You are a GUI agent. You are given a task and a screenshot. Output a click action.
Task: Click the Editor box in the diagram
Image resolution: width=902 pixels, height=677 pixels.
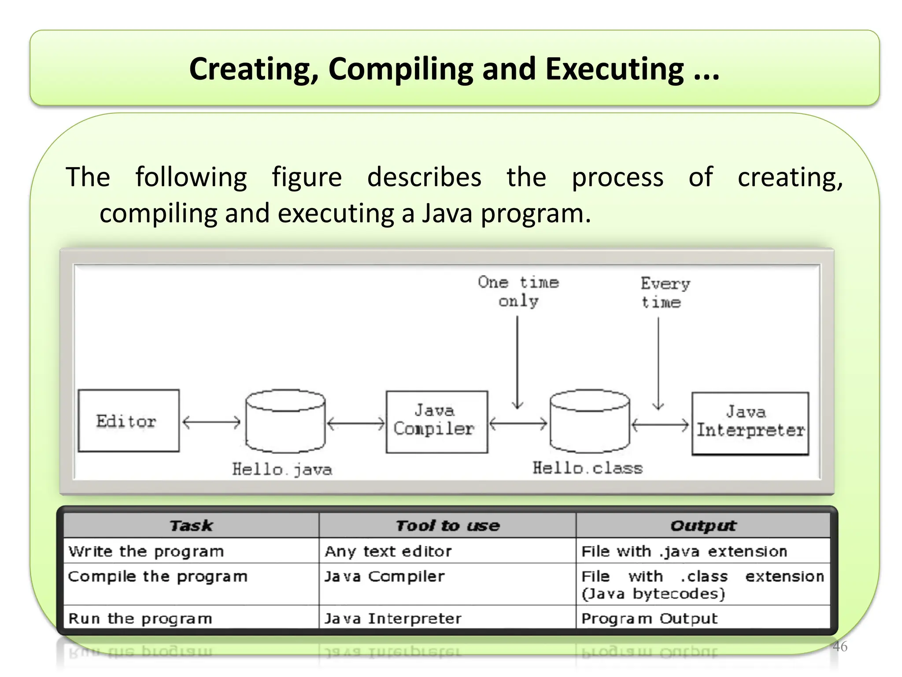click(x=129, y=420)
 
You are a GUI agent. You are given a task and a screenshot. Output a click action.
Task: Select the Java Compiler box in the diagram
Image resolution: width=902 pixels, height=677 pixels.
click(x=436, y=421)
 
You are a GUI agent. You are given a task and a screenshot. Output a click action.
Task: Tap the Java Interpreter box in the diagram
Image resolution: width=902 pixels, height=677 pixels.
click(x=750, y=423)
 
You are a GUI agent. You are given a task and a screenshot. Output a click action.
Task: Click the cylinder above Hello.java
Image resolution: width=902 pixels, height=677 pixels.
click(x=285, y=421)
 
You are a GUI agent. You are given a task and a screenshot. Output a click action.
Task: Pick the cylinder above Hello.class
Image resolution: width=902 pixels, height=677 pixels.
click(x=590, y=421)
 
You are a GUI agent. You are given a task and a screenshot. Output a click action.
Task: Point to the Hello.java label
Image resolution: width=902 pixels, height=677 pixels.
click(x=282, y=469)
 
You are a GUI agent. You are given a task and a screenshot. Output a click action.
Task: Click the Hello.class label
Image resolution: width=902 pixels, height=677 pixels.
click(x=588, y=468)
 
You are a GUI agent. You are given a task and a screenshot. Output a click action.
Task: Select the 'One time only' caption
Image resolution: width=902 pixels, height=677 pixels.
click(x=518, y=291)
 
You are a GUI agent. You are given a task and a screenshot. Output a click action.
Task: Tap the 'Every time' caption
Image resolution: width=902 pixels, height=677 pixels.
click(x=665, y=293)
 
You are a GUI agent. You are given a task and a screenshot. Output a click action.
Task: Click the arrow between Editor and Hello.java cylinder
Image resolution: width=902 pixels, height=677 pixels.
click(x=211, y=422)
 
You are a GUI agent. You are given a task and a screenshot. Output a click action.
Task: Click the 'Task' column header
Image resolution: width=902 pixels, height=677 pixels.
click(x=191, y=525)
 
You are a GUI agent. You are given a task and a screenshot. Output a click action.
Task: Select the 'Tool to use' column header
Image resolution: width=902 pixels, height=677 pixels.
click(x=447, y=525)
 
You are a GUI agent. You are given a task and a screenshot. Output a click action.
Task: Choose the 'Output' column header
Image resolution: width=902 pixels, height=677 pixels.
click(x=703, y=525)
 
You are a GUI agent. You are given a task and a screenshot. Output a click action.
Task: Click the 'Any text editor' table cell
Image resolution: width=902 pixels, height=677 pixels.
click(x=388, y=551)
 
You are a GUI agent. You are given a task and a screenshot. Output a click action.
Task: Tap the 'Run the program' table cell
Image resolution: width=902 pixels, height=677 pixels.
click(x=140, y=618)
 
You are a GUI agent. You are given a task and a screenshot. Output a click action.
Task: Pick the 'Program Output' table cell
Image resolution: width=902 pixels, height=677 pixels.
click(x=649, y=618)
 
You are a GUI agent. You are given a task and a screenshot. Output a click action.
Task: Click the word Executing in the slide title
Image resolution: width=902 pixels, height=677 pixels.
click(x=614, y=70)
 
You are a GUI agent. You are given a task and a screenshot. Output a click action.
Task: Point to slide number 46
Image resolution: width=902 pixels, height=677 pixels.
click(x=840, y=646)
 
